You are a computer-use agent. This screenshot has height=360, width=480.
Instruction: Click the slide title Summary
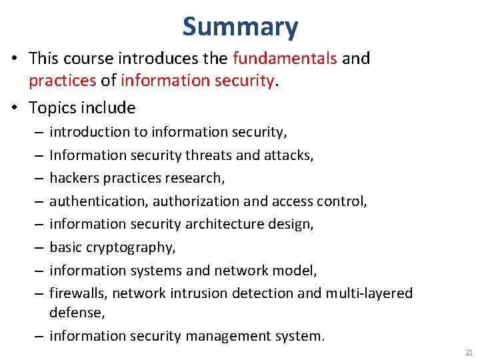click(240, 27)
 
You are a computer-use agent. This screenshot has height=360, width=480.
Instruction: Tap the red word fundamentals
click(285, 59)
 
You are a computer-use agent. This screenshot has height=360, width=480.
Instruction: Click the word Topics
click(53, 108)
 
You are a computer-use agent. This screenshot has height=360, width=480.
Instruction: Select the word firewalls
click(75, 293)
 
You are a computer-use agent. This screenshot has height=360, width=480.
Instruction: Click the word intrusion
click(196, 293)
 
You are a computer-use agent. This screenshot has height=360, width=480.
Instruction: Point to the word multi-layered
click(369, 293)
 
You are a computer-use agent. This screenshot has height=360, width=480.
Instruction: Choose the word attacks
click(289, 155)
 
